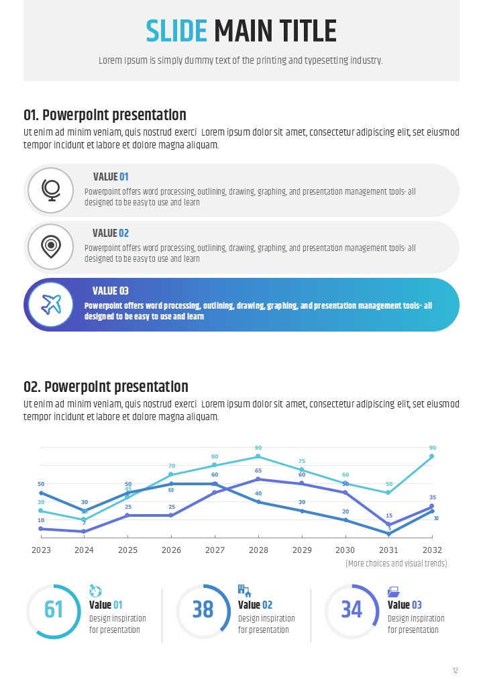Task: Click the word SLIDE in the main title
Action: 176,32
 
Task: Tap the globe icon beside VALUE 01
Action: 50,190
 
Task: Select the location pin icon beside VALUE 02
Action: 50,247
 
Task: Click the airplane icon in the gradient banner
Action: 50,305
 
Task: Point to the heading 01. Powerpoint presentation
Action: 105,115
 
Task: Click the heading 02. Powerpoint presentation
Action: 106,387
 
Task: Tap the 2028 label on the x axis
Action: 258,550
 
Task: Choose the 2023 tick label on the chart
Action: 41,550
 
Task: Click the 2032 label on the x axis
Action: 432,550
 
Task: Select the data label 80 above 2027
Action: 215,456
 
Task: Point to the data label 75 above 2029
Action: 302,461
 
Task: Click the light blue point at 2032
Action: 432,456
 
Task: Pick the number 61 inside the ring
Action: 54,609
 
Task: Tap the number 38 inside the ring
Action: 203,609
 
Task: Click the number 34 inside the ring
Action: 352,609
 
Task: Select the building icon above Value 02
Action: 244,591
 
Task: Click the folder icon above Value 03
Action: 394,591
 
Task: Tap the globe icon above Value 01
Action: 95,591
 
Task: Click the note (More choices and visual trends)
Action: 396,564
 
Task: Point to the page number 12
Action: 455,670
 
